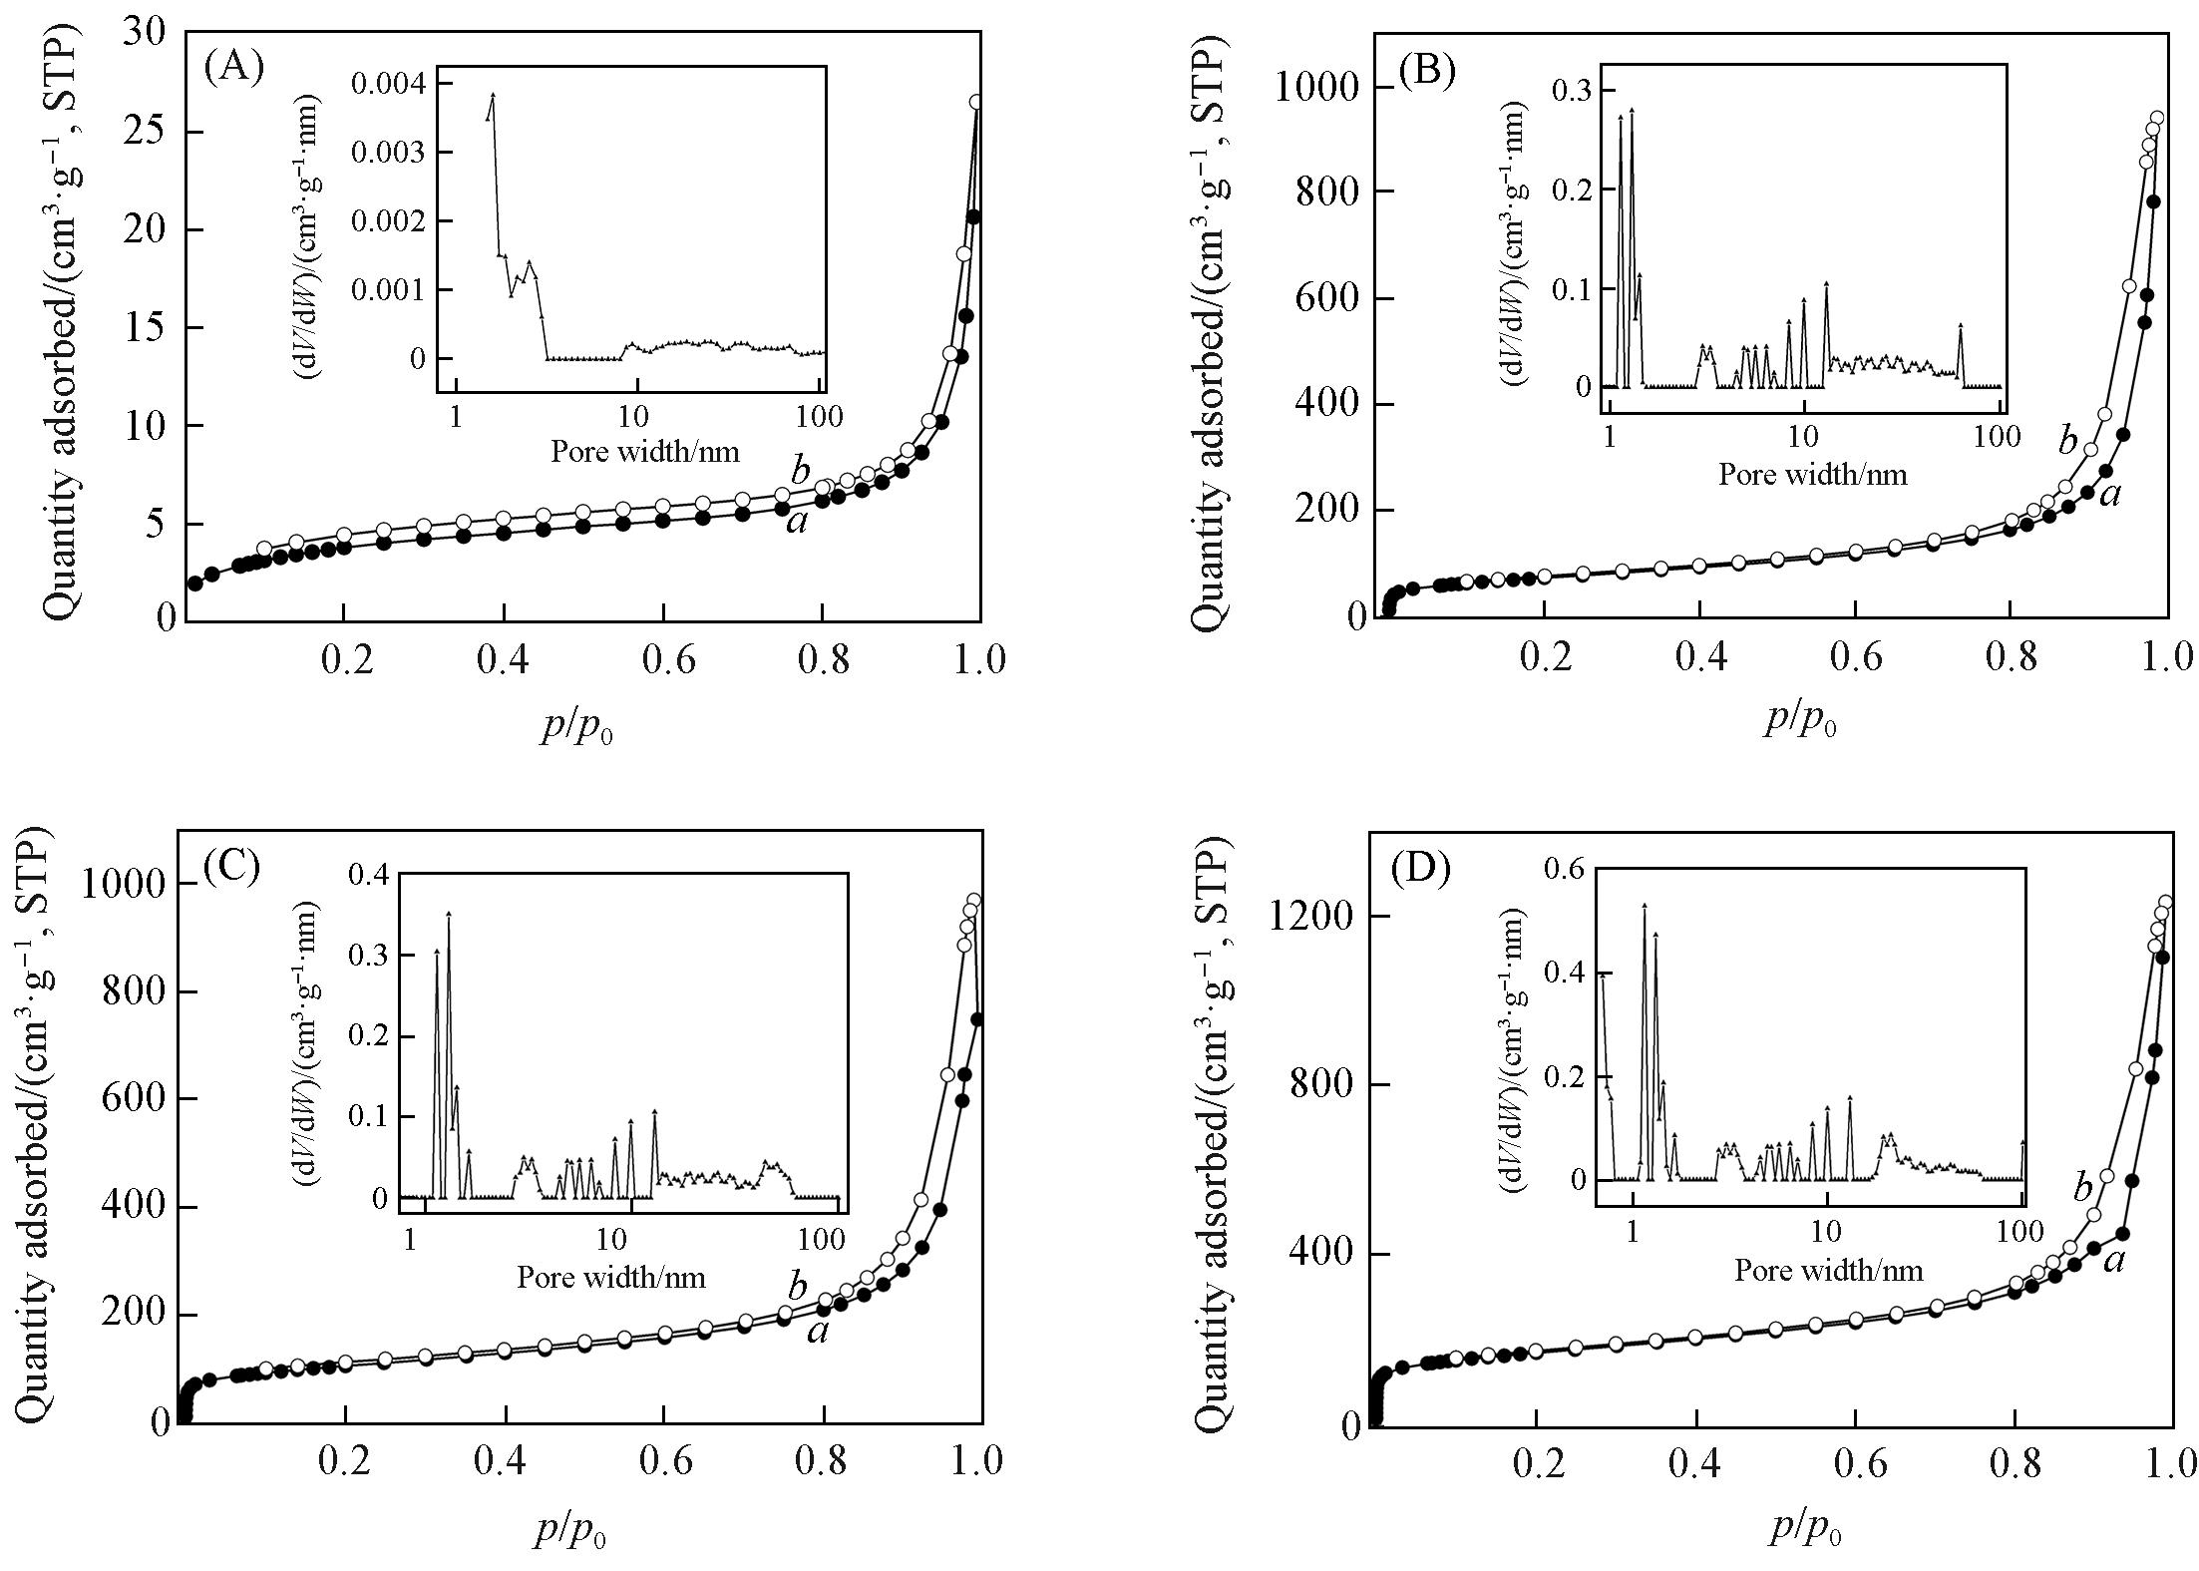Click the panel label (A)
click(232, 67)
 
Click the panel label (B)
click(1427, 71)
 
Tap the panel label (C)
click(231, 867)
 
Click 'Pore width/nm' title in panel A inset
click(645, 451)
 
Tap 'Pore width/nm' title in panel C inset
click(610, 1277)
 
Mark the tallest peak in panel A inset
click(493, 95)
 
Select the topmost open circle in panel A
click(976, 102)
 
